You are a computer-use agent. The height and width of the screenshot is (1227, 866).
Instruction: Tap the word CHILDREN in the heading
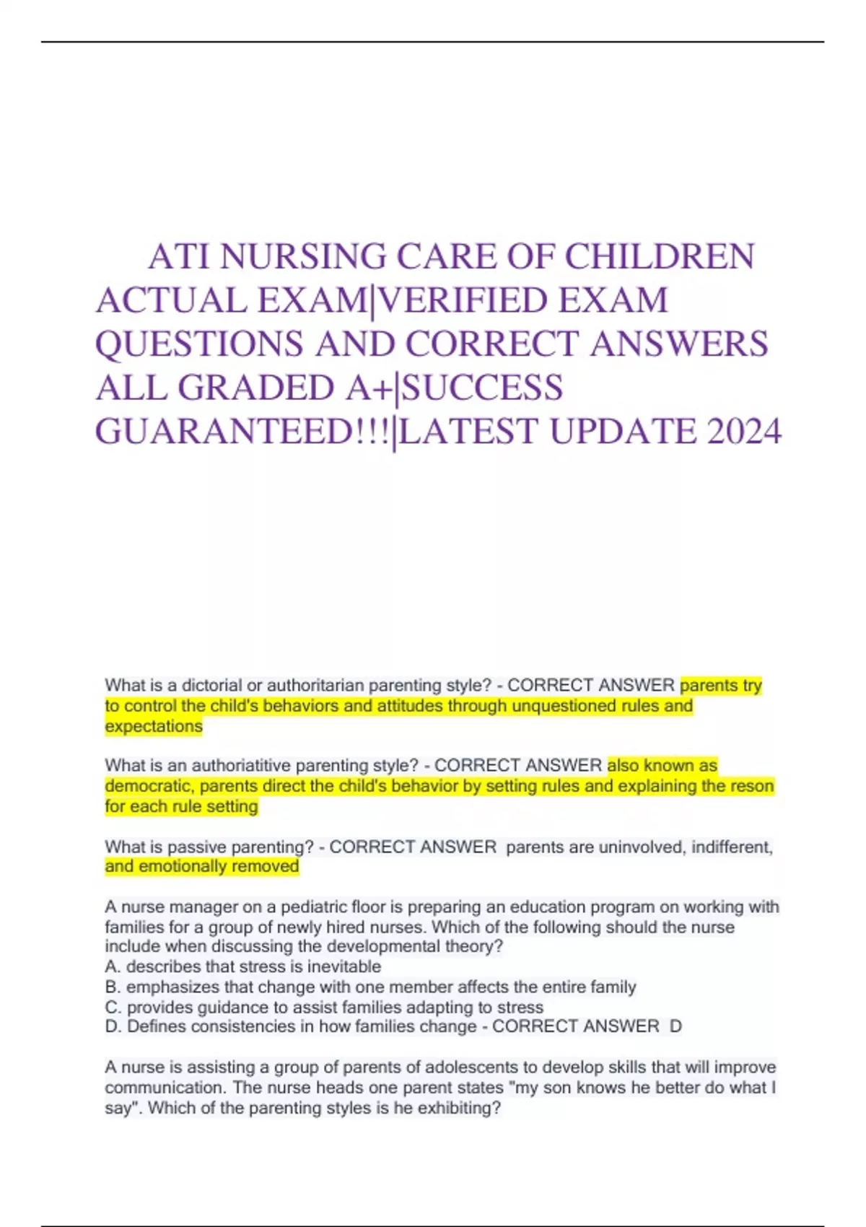tap(660, 257)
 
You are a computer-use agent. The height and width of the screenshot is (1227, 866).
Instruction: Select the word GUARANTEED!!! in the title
tap(244, 432)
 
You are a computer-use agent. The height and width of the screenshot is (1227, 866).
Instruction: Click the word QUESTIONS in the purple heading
tap(199, 344)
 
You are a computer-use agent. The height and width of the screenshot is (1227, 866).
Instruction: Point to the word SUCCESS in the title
tap(482, 388)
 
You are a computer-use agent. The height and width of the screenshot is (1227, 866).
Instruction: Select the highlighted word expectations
tap(154, 726)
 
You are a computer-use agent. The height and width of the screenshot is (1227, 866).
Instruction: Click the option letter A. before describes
tap(113, 966)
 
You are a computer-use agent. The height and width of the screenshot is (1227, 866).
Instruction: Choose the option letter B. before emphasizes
tap(113, 987)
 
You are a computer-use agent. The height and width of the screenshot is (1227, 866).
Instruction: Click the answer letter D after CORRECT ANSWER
tap(675, 1026)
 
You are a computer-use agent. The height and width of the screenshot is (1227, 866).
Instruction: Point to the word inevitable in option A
tap(344, 966)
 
